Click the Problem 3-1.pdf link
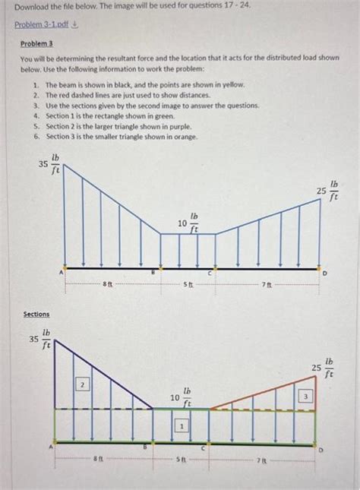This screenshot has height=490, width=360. pos(40,24)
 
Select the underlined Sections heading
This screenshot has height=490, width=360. pos(36,314)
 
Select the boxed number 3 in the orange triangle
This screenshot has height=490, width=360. pos(305,396)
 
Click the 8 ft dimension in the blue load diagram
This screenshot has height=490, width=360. pos(109,284)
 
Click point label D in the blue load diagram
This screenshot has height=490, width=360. pos(327,273)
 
